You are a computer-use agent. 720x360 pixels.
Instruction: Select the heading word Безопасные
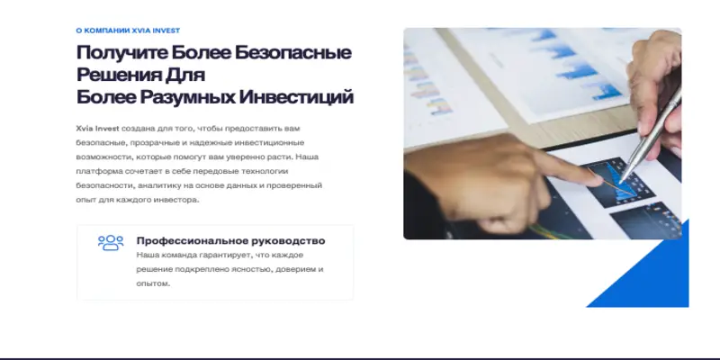click(x=292, y=53)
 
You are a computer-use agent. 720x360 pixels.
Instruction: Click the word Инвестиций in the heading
click(x=297, y=97)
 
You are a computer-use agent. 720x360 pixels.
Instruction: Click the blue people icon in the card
click(x=111, y=243)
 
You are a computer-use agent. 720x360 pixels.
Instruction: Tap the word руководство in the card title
click(x=285, y=241)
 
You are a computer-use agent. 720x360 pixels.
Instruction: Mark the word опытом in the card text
click(x=152, y=283)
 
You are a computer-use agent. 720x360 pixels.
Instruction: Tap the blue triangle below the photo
click(x=657, y=279)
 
